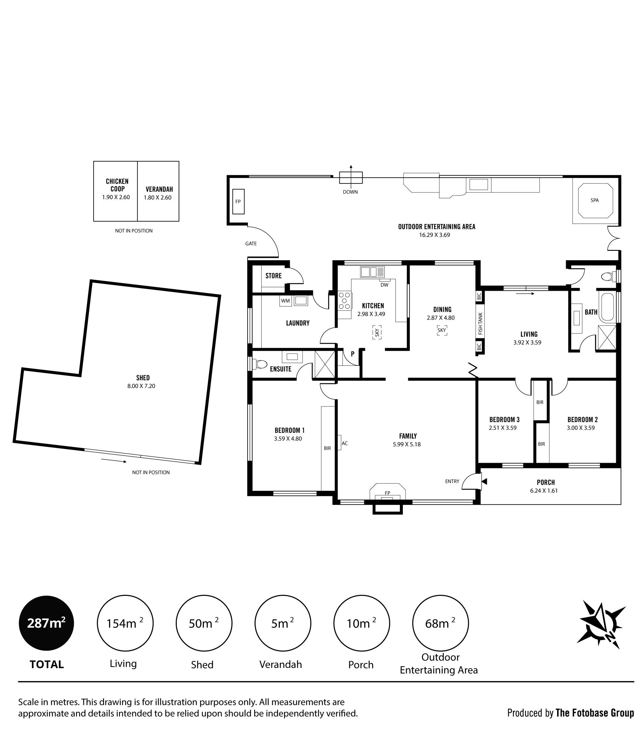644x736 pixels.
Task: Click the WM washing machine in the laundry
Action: point(286,301)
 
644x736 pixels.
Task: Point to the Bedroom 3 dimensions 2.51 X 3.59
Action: point(502,428)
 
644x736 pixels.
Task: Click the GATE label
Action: point(251,243)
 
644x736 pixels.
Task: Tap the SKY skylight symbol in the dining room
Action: point(442,330)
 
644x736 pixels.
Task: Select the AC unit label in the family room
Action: point(345,443)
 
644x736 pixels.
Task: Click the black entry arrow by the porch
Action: point(484,481)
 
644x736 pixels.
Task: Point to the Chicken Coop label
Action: point(117,185)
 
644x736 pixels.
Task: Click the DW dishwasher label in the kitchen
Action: point(384,285)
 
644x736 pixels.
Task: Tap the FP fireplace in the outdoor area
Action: point(238,202)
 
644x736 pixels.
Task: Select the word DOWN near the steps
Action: point(351,192)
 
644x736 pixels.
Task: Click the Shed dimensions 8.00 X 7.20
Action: point(141,386)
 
